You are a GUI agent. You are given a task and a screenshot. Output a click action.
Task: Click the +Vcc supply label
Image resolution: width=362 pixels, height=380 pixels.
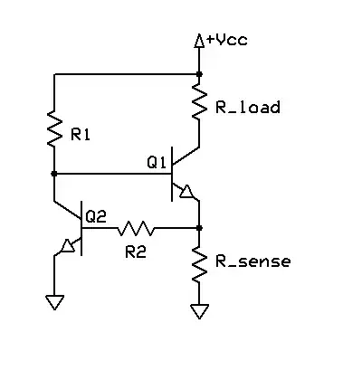(225, 40)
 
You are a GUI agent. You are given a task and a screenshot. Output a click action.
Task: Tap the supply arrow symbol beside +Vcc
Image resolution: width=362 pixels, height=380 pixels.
(200, 41)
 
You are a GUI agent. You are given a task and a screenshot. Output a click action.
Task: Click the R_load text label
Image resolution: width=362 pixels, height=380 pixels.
(246, 107)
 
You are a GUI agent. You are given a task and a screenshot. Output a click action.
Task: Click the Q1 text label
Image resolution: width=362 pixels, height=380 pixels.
(156, 163)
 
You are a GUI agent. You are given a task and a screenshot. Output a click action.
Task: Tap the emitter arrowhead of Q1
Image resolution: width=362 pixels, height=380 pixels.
(187, 192)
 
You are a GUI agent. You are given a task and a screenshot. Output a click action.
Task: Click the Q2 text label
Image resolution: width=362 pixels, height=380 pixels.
(96, 216)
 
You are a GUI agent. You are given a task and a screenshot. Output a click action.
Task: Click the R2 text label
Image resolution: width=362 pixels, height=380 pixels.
(136, 252)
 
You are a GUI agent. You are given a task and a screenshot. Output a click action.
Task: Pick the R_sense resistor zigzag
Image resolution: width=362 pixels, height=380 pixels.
(199, 263)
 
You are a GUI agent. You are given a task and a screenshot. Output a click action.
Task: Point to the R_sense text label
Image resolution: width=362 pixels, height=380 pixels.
(252, 262)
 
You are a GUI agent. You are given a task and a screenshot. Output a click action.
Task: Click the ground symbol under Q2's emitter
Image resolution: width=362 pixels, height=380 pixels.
(54, 303)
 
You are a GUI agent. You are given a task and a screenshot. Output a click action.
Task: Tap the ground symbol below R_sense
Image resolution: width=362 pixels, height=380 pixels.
(199, 312)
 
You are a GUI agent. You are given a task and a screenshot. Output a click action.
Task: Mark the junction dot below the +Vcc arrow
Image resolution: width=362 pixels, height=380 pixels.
(199, 74)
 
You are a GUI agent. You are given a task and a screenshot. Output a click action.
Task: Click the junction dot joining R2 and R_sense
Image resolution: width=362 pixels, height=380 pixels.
(199, 228)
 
